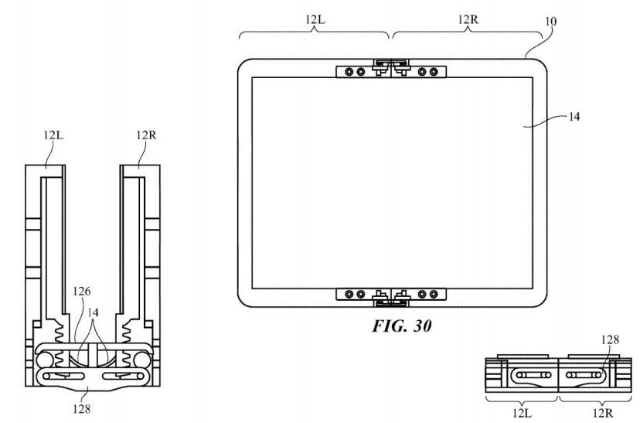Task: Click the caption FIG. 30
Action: click(x=402, y=326)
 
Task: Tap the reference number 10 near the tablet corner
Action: click(x=550, y=21)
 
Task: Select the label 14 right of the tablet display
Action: click(x=574, y=117)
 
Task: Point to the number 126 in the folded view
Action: click(x=82, y=292)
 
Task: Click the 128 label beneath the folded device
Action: click(x=82, y=409)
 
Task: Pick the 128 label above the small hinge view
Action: click(x=610, y=339)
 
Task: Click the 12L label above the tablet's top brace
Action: click(x=315, y=19)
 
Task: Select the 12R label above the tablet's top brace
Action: click(x=468, y=19)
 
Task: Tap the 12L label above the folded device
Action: click(x=53, y=135)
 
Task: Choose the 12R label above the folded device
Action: click(x=146, y=135)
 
